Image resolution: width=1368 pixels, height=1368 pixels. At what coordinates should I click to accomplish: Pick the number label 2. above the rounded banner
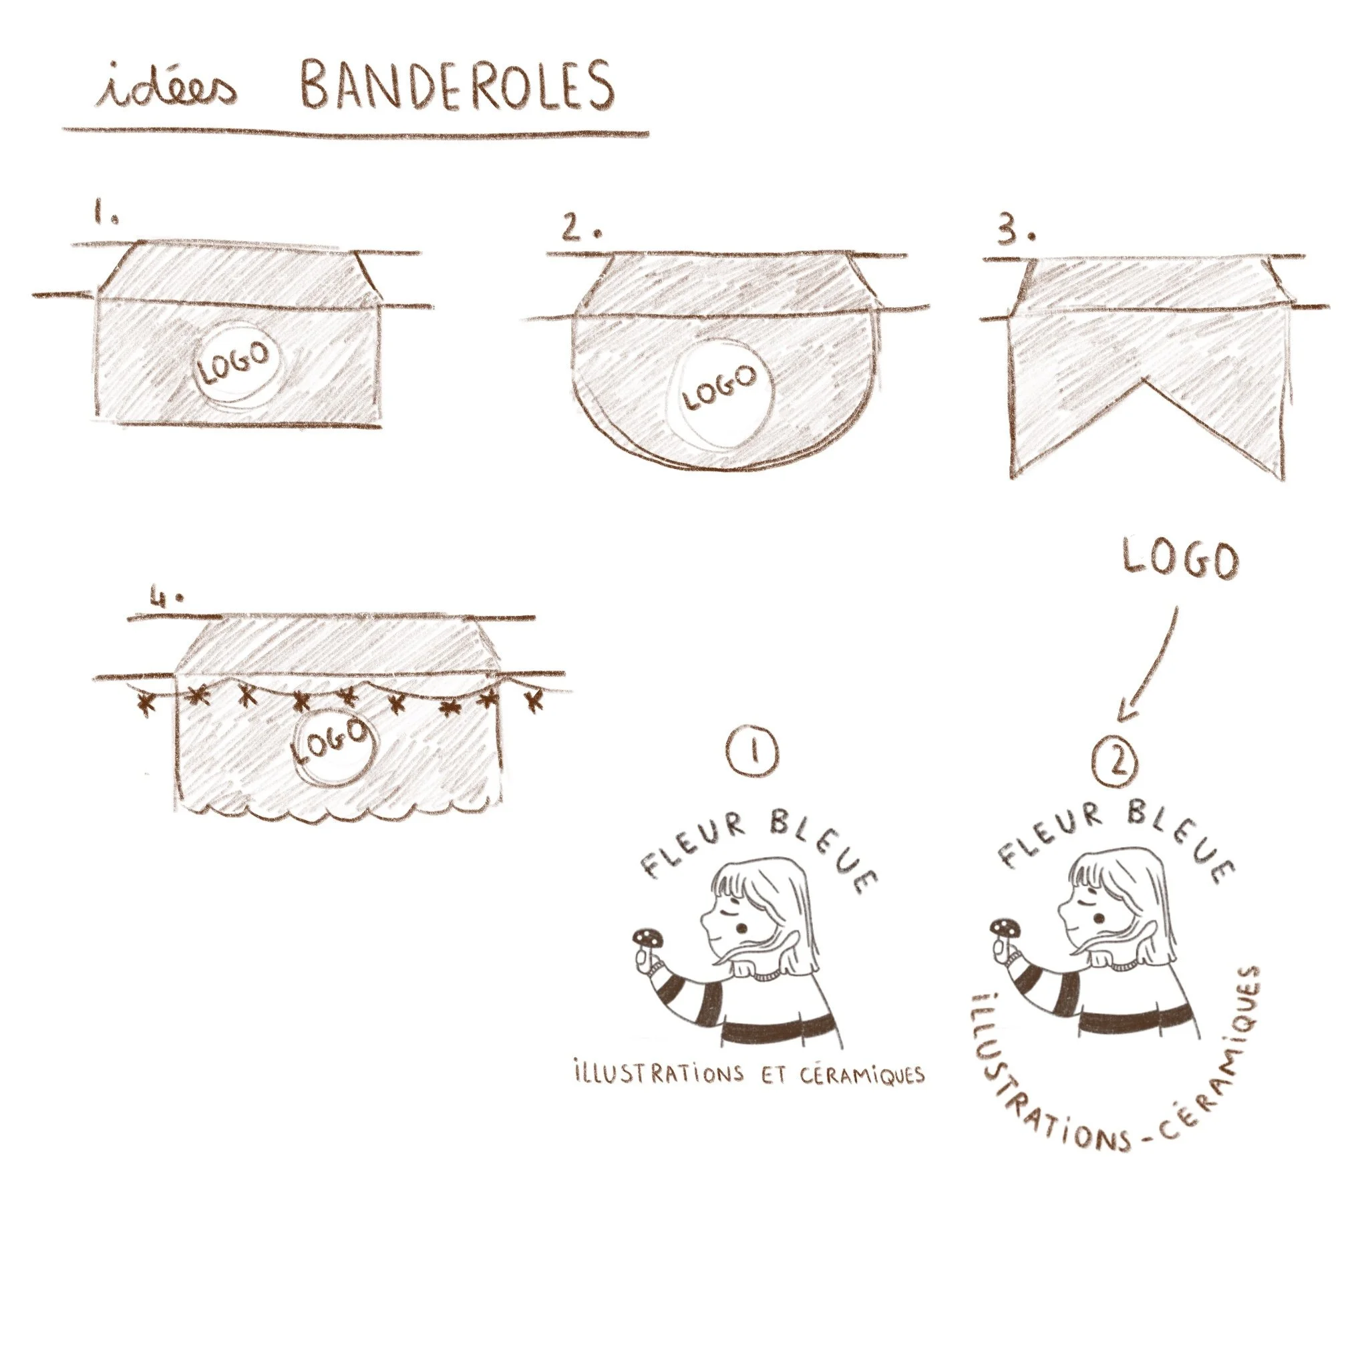(580, 226)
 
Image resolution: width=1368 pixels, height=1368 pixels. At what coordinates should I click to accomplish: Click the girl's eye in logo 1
(741, 927)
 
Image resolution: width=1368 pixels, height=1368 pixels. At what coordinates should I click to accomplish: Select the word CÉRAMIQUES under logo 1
(862, 1074)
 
